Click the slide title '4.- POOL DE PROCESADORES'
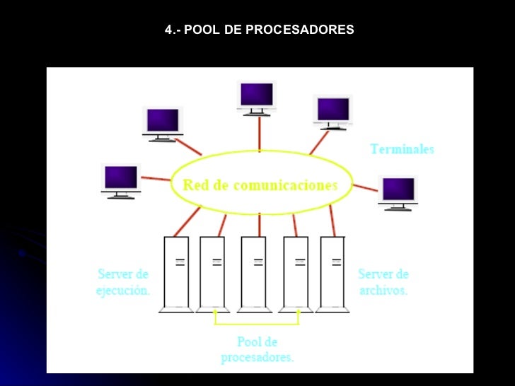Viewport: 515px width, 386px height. [x=259, y=30]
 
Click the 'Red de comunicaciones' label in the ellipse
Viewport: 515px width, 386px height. [x=260, y=185]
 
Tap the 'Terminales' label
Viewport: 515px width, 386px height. [x=402, y=149]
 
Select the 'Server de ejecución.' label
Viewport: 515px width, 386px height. [x=123, y=282]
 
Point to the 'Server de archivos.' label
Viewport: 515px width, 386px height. [x=383, y=282]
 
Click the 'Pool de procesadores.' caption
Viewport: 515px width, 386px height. [x=257, y=350]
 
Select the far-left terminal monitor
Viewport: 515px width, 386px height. [x=121, y=179]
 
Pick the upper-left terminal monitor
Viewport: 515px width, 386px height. [x=163, y=122]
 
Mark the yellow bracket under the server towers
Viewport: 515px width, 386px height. [x=257, y=324]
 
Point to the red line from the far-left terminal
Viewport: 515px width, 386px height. [x=156, y=177]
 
